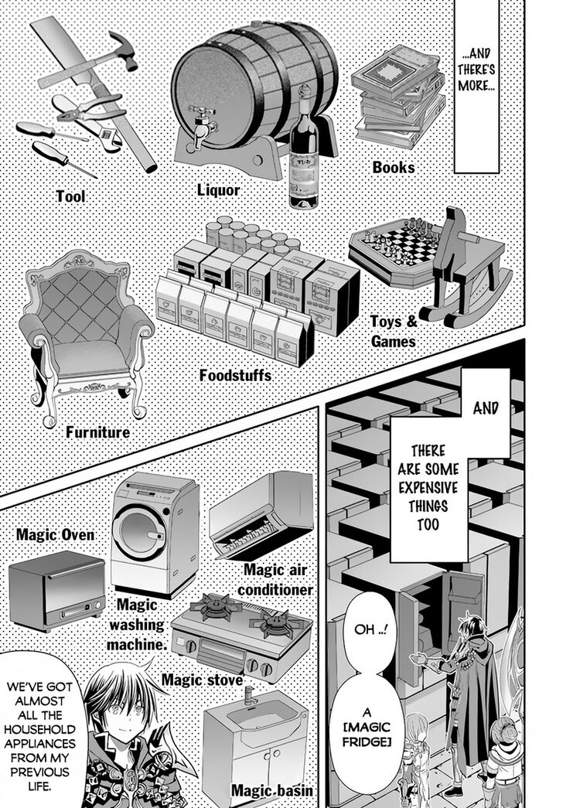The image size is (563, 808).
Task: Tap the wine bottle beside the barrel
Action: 302,166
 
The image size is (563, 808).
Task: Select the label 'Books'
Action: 394,167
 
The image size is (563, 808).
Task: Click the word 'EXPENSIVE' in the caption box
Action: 430,489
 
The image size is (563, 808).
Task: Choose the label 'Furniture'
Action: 97,432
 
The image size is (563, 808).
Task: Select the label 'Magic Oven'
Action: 55,535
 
